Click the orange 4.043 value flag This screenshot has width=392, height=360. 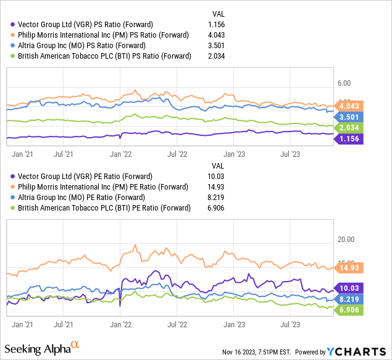(350, 105)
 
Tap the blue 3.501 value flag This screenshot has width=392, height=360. (350, 117)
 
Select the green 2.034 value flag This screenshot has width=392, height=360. (350, 128)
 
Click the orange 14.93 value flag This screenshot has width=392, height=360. (350, 268)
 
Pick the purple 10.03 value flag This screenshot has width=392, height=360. (350, 288)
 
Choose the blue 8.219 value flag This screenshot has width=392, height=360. (350, 299)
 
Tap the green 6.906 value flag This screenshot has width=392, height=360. (350, 309)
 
